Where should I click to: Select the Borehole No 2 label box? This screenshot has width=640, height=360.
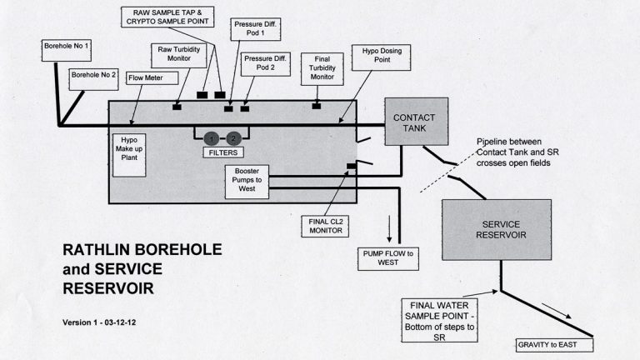93,75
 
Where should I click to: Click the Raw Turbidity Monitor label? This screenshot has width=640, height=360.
176,56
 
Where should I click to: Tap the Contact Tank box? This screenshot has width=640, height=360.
414,122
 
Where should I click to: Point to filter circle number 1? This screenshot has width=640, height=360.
212,138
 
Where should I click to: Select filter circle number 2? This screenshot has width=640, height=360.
234,138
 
